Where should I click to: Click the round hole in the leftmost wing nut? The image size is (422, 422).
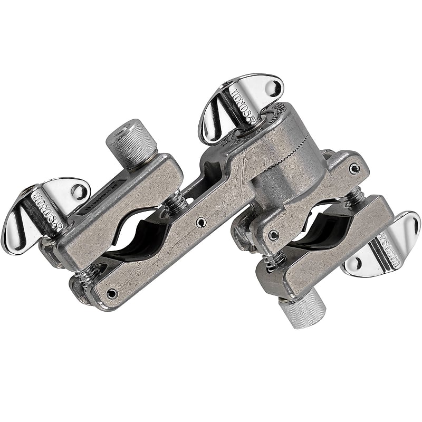click(78, 191)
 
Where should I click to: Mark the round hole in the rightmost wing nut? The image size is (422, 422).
click(356, 263)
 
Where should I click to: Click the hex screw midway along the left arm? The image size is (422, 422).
click(201, 223)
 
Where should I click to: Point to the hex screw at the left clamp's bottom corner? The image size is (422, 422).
click(111, 293)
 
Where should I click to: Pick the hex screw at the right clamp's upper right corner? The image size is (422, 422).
click(354, 168)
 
